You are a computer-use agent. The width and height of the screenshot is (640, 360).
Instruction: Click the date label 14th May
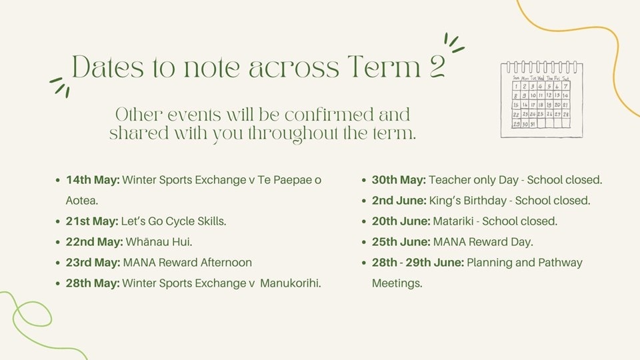[x=93, y=180]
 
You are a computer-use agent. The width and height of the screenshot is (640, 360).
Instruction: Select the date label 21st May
[x=92, y=221]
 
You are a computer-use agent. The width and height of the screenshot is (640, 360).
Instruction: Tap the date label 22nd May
[x=94, y=242]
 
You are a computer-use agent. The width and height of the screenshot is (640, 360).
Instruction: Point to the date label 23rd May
[x=93, y=263]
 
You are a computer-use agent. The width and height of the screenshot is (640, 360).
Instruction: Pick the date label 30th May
[x=399, y=180]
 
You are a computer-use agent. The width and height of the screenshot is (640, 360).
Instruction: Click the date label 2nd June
[x=399, y=201]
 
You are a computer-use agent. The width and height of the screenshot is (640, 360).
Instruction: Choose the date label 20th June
[x=401, y=221]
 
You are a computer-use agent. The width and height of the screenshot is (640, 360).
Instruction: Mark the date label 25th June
[x=401, y=242]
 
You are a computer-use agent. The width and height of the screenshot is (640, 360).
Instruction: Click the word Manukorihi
[x=290, y=283]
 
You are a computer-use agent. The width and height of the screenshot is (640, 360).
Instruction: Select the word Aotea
[x=81, y=201]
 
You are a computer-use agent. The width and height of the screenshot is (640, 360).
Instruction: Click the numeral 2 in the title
[x=436, y=67]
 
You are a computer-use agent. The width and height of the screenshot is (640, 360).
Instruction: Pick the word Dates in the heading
[x=108, y=67]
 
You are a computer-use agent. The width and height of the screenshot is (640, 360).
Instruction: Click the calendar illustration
[x=541, y=99]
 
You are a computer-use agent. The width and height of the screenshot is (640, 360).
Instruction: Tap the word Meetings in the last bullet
[x=397, y=283]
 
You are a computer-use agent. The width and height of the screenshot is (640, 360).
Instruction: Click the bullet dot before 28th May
[x=57, y=283]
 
